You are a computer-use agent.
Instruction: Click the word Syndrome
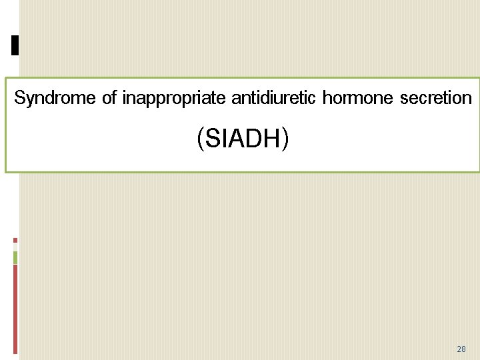pos(55,99)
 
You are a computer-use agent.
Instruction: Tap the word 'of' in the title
pos(110,99)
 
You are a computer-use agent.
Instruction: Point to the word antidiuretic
pos(274,99)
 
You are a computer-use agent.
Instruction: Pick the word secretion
pos(436,99)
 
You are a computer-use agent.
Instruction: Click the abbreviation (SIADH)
pos(243,139)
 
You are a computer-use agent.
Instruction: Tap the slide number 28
pos(461,349)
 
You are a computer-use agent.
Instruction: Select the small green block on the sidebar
pos(15,257)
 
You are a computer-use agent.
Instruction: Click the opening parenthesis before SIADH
pos(200,139)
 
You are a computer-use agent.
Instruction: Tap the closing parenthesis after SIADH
pos(285,139)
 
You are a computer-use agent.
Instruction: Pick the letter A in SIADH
pos(237,139)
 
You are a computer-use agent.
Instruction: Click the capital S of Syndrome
pos(19,99)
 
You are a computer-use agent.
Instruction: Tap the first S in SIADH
pos(212,139)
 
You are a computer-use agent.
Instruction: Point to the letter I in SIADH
pos(225,139)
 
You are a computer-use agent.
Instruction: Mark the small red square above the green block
pos(15,241)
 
